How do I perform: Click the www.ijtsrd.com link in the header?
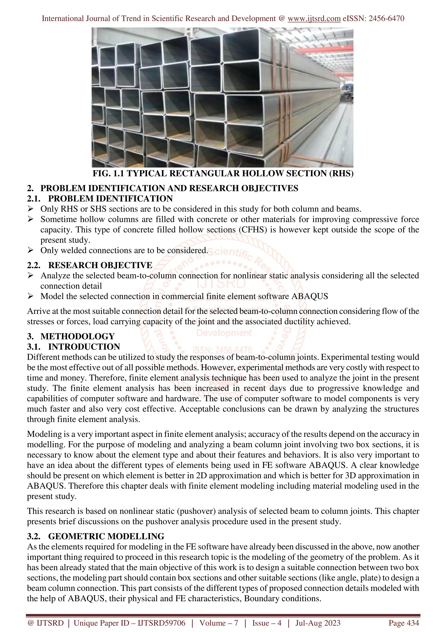pos(314,19)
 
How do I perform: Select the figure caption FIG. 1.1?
pos(223,173)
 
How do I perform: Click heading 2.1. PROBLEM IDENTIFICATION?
pos(100,198)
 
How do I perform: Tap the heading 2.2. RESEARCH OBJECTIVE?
pos(90,265)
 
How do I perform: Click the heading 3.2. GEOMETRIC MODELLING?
pos(95,536)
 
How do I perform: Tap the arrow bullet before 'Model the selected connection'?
pos(30,296)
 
